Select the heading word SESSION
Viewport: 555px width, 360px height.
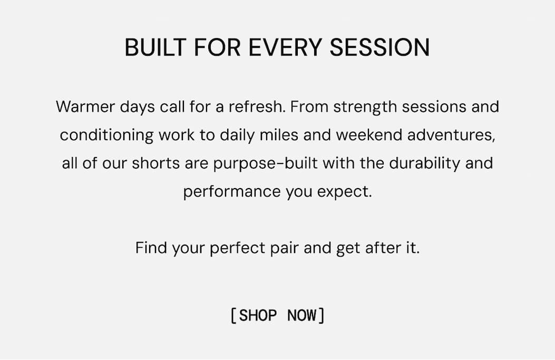point(379,48)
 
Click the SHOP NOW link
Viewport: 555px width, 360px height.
point(277,316)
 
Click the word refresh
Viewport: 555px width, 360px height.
point(257,107)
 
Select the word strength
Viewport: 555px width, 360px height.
point(365,107)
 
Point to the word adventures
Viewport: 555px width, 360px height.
point(453,135)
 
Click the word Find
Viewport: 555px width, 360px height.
point(151,248)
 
